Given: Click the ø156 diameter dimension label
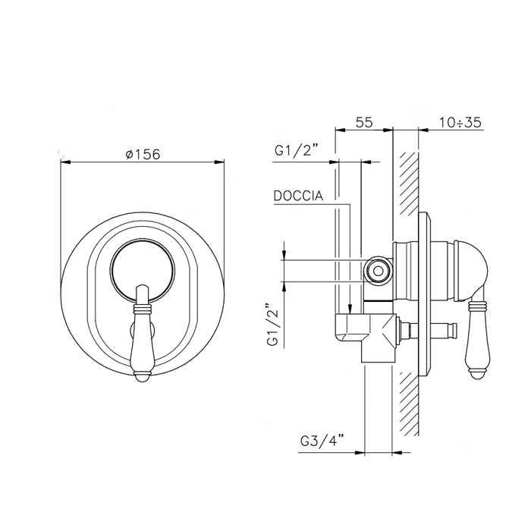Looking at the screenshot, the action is tap(143, 155).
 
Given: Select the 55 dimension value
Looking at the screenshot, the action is tap(364, 122).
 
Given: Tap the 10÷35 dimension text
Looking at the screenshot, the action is tap(460, 122).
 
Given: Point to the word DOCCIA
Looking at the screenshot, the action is tap(298, 196).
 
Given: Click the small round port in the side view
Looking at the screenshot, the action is tap(379, 272).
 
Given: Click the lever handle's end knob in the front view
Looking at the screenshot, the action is tap(143, 377).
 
